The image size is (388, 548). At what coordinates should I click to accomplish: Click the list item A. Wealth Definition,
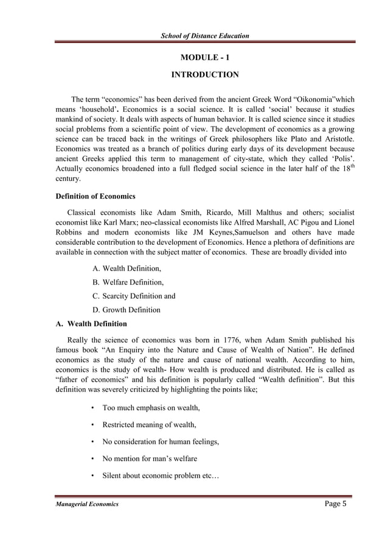coord(127,268)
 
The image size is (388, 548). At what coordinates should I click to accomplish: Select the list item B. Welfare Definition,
coord(128,282)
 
